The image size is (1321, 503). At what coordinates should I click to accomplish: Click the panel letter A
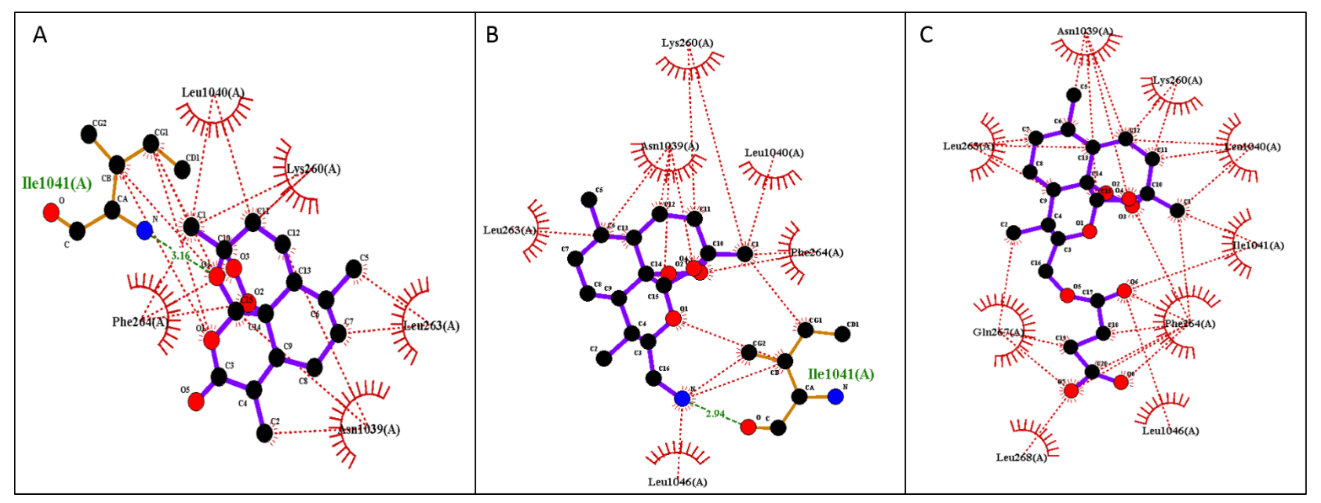click(x=40, y=35)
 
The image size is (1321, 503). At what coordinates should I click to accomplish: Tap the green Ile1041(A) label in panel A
click(x=56, y=183)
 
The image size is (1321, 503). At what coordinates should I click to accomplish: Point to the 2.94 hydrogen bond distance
click(x=715, y=413)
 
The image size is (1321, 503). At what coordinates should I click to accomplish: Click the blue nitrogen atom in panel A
click(x=145, y=230)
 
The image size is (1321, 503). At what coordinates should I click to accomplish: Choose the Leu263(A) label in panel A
click(x=431, y=326)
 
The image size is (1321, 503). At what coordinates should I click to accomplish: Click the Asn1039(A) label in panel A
click(x=369, y=429)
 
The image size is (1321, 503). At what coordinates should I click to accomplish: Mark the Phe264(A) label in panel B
click(x=816, y=252)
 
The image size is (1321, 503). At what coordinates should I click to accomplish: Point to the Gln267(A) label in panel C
click(x=998, y=332)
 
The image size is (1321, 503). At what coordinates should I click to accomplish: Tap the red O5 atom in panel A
click(x=196, y=402)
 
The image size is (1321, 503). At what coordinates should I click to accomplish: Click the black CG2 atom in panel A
click(x=89, y=135)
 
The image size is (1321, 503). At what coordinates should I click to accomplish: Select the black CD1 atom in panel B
click(x=842, y=334)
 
